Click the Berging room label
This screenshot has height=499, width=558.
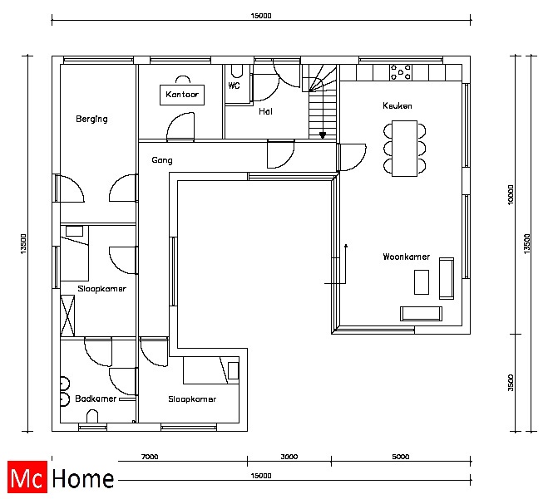pyautogui.click(x=91, y=119)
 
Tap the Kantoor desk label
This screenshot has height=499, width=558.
pyautogui.click(x=182, y=95)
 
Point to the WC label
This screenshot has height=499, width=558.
pyautogui.click(x=235, y=86)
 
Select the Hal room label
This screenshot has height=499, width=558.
pyautogui.click(x=265, y=111)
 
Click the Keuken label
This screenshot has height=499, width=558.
pyautogui.click(x=398, y=105)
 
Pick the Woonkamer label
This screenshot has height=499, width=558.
pyautogui.click(x=406, y=257)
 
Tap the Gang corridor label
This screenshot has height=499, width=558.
pyautogui.click(x=162, y=160)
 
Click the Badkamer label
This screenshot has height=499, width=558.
pyautogui.click(x=96, y=399)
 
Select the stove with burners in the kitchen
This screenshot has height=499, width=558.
pyautogui.click(x=401, y=72)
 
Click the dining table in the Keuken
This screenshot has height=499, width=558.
pyautogui.click(x=405, y=149)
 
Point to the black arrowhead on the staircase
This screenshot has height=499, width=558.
pyautogui.click(x=323, y=135)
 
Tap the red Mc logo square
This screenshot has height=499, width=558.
pyautogui.click(x=27, y=477)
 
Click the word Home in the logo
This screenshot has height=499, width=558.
pyautogui.click(x=83, y=478)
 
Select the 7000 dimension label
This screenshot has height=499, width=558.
pyautogui.click(x=150, y=457)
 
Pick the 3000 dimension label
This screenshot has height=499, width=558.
pyautogui.click(x=289, y=457)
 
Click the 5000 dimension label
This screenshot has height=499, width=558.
pyautogui.click(x=400, y=457)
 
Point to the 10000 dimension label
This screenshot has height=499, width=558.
pyautogui.click(x=511, y=194)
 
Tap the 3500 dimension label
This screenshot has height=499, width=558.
pyautogui.click(x=511, y=383)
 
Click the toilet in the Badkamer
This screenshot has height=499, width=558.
pyautogui.click(x=92, y=416)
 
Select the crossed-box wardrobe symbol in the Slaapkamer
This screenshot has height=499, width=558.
pyautogui.click(x=67, y=316)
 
